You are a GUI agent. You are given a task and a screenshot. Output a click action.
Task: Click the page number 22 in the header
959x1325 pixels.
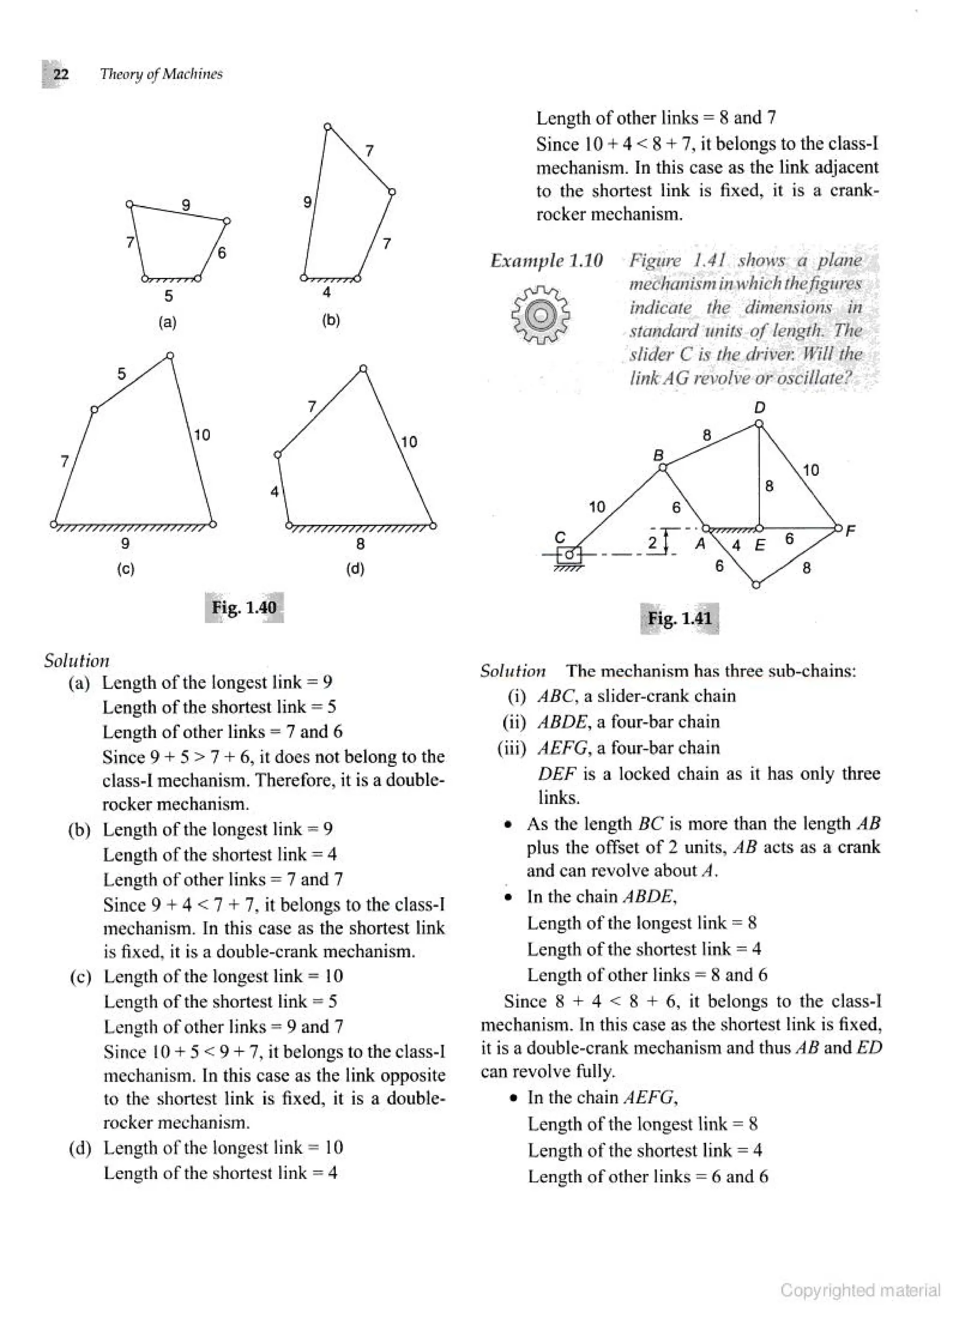60,74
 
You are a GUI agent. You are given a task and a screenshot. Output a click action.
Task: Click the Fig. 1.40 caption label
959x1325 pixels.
244,608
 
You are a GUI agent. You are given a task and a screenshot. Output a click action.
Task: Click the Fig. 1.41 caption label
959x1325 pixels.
679,619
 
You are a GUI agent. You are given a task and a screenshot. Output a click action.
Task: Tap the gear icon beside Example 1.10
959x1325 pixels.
540,315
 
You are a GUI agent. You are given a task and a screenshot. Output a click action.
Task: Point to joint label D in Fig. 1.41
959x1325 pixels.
760,407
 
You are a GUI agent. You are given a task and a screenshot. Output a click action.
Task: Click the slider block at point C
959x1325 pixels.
568,554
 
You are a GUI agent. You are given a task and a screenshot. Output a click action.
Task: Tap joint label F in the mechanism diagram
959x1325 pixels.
850,530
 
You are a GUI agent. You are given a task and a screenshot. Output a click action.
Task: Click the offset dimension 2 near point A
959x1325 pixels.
653,542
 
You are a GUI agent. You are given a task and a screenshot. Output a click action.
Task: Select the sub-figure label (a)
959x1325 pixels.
168,322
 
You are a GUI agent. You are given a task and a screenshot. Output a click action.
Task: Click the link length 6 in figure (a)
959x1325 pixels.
221,253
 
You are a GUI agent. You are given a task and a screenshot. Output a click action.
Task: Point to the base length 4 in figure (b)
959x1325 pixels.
327,293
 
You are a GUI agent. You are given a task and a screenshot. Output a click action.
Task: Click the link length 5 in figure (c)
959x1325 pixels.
122,374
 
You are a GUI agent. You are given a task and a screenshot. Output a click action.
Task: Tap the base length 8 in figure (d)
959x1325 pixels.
361,544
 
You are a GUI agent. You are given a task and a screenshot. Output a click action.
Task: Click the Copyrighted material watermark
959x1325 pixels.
860,1290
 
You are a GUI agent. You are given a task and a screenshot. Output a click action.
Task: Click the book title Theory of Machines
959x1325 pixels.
161,74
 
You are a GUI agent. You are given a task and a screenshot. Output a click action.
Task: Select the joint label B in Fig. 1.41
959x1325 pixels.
658,454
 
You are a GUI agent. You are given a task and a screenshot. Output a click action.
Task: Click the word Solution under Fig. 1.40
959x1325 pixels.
76,661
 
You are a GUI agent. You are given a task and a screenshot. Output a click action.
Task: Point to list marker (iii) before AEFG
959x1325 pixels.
511,748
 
